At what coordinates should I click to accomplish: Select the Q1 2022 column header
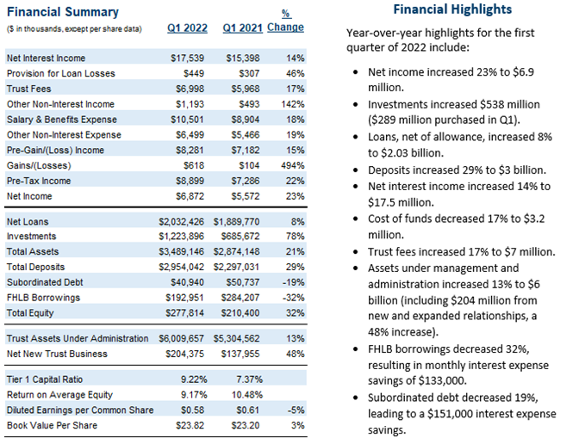(x=187, y=28)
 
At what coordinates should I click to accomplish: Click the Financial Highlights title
(x=452, y=9)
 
